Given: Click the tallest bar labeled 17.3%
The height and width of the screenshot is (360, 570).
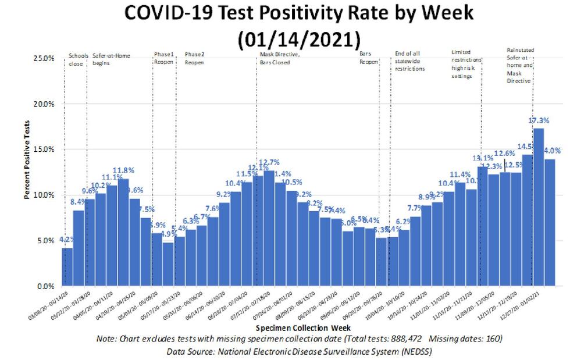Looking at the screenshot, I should (x=539, y=206).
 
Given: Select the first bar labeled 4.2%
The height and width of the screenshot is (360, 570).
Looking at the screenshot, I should (x=67, y=268).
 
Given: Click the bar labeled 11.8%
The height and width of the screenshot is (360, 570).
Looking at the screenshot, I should (x=123, y=233).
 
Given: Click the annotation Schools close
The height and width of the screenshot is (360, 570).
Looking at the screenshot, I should (x=78, y=59).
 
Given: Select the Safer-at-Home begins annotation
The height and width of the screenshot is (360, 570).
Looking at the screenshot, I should (x=111, y=59).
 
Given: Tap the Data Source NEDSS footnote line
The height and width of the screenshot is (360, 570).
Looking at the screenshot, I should (x=299, y=351).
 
